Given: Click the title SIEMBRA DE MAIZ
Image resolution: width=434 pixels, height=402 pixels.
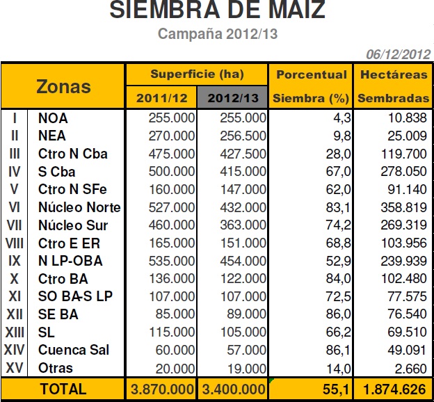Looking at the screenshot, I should click(217, 11).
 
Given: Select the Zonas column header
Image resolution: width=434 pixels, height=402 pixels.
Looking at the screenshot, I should click(63, 86).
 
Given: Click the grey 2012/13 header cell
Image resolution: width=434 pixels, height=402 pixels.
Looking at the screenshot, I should click(234, 99).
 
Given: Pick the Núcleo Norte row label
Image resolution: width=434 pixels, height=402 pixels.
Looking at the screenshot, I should click(79, 207).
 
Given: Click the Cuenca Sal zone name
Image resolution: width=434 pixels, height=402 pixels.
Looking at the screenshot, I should click(74, 350).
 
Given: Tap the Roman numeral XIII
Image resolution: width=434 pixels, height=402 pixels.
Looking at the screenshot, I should click(15, 332).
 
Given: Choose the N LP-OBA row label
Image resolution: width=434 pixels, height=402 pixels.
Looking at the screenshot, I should click(70, 261).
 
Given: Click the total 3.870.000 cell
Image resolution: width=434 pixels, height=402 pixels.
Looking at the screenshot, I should click(162, 389).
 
